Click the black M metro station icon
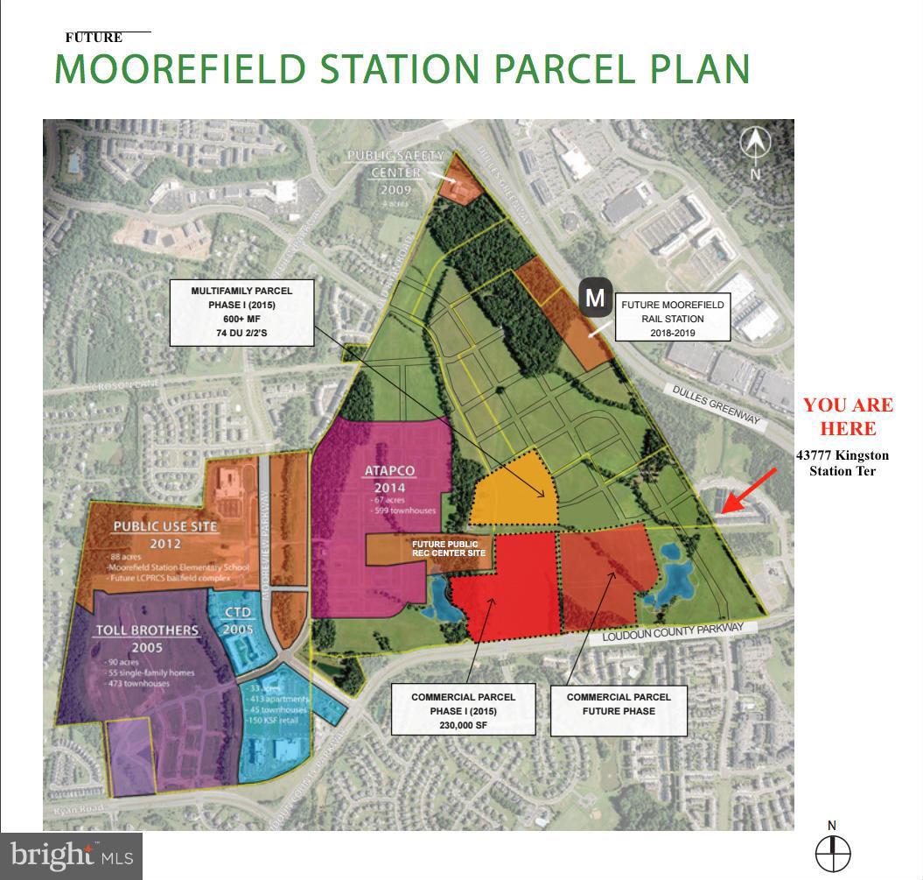coord(595,298)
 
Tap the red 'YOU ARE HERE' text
coord(848,417)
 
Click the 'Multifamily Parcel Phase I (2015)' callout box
coord(241,312)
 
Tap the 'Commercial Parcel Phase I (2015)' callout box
coord(463,710)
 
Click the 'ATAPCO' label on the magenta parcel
coord(389,471)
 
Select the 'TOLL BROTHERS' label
coord(148,630)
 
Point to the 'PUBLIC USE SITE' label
coord(164,526)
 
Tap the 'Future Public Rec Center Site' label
coord(448,548)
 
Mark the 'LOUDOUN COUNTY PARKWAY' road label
coord(672,633)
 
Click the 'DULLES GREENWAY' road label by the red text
coord(715,407)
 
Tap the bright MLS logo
coord(72,855)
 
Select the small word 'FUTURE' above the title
coord(94,38)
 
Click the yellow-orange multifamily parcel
coord(511,492)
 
